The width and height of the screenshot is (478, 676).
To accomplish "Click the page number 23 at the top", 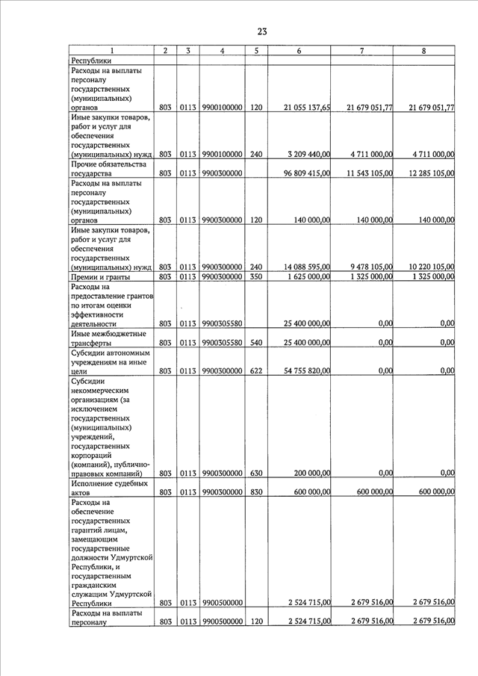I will tap(262, 31).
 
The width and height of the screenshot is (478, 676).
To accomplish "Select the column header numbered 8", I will tap(424, 51).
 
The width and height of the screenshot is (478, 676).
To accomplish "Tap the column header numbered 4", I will tap(223, 51).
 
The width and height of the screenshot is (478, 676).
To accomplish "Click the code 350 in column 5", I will tap(256, 277).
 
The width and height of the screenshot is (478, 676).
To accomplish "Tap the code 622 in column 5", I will tap(256, 370).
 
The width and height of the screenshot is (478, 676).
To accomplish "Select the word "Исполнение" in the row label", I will tap(94, 483).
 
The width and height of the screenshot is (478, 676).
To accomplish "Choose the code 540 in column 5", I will tap(256, 343).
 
